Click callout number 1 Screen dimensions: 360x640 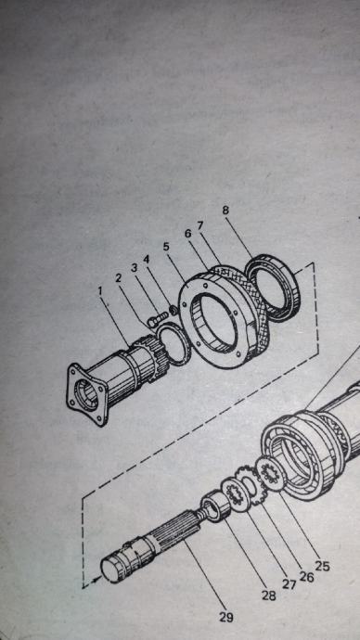coord(101,291)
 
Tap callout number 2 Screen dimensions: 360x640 coord(119,278)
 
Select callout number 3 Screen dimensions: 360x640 coord(134,269)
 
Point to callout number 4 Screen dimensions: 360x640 coord(147,259)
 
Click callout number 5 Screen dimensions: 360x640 coord(166,247)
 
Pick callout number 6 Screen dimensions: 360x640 coord(187,234)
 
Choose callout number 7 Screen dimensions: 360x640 coord(200,225)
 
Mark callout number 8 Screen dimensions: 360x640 coord(225,211)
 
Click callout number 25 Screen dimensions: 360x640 coord(322,566)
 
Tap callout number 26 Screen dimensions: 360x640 coord(306,577)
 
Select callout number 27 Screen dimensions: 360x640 coord(289,584)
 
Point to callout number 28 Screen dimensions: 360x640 coord(268,595)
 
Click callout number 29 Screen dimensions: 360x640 coord(225,617)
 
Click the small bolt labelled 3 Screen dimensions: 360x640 coord(156,319)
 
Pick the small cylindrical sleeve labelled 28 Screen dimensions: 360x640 coord(217,506)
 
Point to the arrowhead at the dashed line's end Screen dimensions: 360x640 coord(97,580)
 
